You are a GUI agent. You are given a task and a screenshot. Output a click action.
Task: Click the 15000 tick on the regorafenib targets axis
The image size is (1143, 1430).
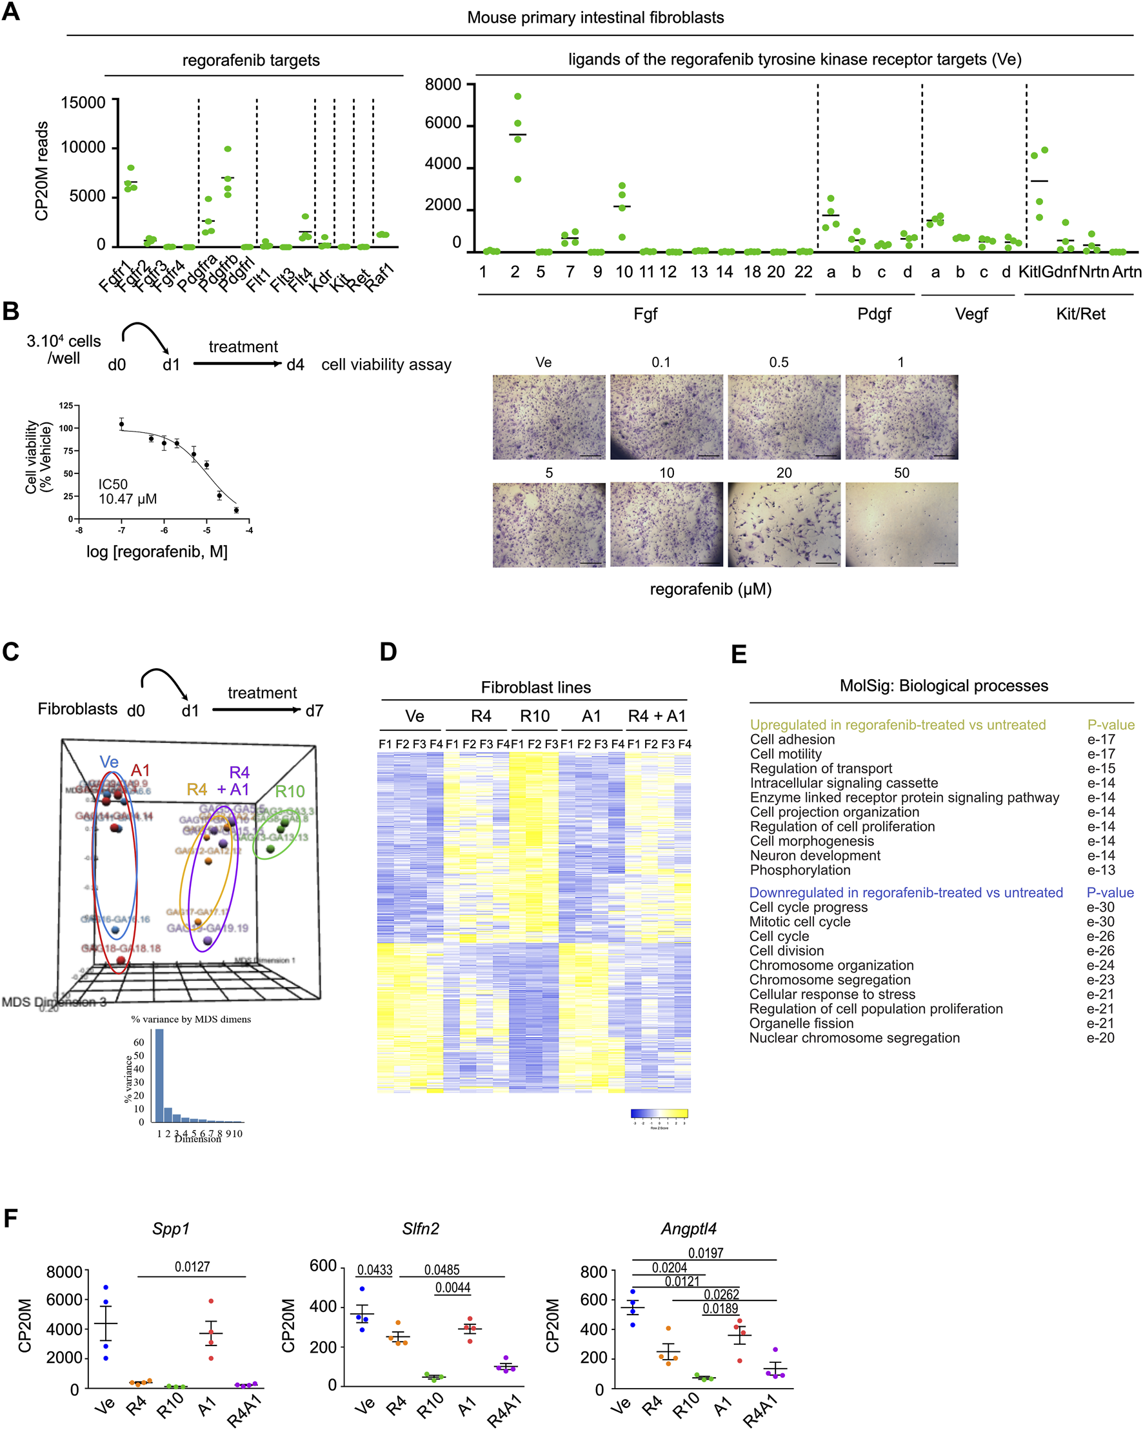83,103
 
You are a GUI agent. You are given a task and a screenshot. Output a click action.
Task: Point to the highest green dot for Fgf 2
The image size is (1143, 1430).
517,97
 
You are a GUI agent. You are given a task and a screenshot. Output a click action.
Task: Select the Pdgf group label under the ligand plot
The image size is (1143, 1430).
873,313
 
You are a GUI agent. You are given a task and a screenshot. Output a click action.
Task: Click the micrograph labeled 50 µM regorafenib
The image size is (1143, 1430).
901,524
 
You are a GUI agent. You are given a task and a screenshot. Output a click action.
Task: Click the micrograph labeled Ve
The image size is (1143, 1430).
549,417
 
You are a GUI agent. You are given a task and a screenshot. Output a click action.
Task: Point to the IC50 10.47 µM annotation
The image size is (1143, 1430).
127,492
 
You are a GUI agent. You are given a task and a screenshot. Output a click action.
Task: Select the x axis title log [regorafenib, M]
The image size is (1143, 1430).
157,552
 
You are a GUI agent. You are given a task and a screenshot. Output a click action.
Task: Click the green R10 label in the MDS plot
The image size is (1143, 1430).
289,791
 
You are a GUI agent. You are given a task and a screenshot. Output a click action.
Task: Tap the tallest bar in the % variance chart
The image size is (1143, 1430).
159,1075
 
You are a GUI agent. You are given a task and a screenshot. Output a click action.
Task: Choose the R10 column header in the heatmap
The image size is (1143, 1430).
534,717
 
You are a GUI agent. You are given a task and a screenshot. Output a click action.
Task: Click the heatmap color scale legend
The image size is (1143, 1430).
659,1114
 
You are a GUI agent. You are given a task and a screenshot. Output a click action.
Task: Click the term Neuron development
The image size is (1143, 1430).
815,855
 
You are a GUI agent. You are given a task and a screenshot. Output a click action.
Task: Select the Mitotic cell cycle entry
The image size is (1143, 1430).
799,921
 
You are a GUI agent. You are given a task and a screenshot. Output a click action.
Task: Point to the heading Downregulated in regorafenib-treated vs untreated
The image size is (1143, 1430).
906,892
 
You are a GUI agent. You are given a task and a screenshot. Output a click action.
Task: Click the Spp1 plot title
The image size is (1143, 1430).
170,1228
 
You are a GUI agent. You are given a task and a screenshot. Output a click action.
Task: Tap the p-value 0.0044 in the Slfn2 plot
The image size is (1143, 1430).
452,1287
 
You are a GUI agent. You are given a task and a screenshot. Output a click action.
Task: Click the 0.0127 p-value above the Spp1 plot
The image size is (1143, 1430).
192,1267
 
